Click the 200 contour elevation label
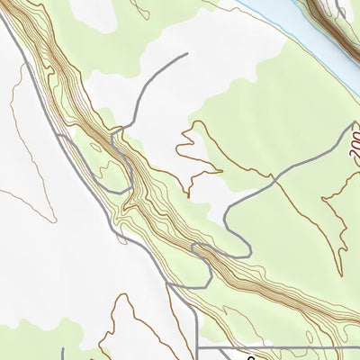(353, 143)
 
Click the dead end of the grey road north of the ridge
(186, 54)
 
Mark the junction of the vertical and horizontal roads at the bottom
(198, 346)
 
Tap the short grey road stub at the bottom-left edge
(62, 353)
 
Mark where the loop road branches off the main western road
(58, 135)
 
